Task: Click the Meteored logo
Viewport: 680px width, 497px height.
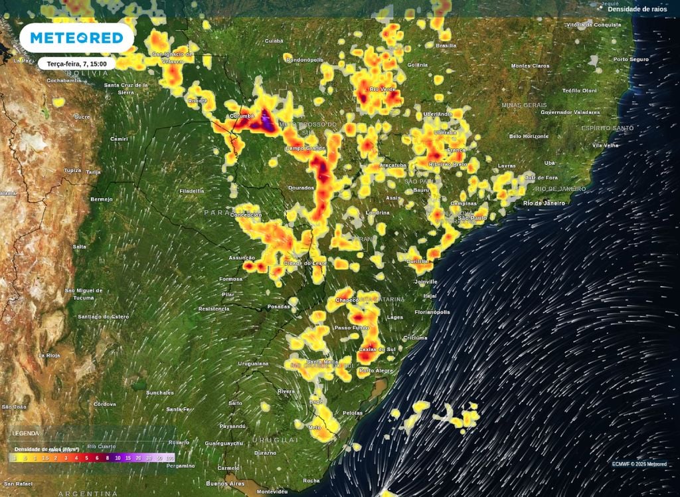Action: pos(76,38)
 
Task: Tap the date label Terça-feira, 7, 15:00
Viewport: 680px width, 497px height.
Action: pos(77,64)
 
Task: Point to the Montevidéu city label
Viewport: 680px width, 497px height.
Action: pos(272,492)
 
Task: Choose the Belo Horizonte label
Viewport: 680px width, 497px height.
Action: pos(529,136)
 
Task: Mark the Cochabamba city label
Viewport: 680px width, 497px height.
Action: pos(64,80)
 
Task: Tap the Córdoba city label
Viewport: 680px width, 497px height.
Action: pos(105,404)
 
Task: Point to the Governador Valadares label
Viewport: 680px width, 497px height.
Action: pos(570,112)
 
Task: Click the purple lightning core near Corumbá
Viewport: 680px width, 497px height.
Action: pos(266,121)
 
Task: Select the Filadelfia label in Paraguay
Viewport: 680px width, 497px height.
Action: pos(191,191)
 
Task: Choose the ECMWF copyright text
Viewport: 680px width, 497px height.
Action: pos(639,464)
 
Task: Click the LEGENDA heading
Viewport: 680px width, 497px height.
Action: pos(25,433)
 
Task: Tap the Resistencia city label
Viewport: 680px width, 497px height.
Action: pos(213,309)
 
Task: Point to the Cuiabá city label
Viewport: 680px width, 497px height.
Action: pos(274,41)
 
